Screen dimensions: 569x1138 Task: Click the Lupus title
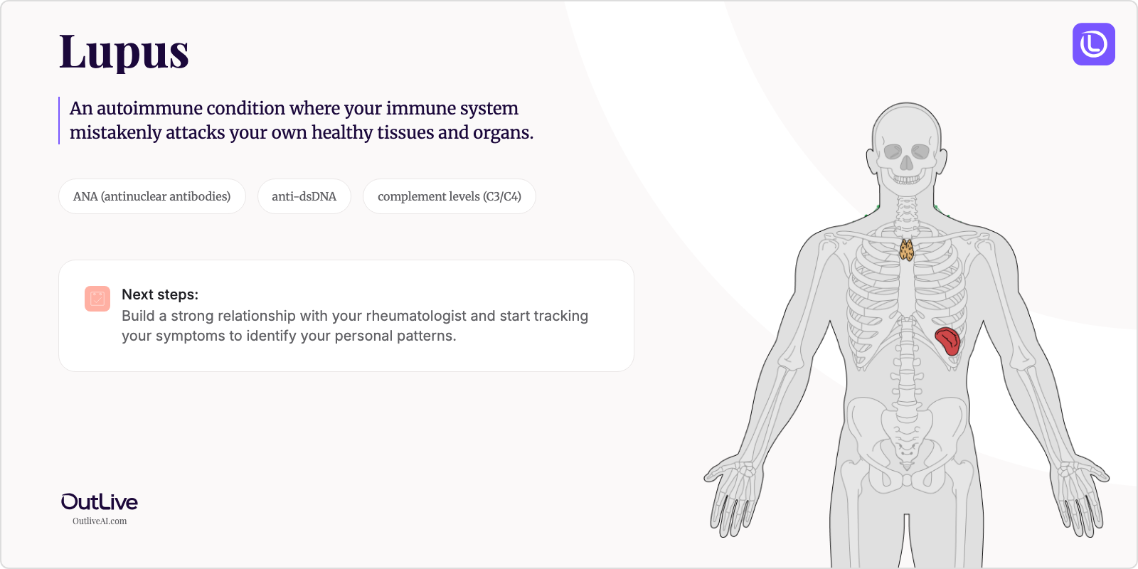[x=124, y=52]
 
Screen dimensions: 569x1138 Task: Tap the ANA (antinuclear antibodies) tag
[x=151, y=196]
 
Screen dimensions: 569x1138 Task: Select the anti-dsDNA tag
[x=304, y=196]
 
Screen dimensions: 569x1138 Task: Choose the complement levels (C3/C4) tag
[x=449, y=196]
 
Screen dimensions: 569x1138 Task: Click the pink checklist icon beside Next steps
[x=97, y=299]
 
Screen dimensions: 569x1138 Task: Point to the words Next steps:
[x=160, y=294]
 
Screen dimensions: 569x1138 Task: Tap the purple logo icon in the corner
[x=1093, y=44]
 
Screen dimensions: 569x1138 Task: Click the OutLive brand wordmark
[x=100, y=502]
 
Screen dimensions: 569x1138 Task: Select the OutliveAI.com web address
[x=100, y=521]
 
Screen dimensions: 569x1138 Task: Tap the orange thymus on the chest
[x=906, y=250]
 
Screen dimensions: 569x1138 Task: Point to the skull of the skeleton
[x=906, y=139]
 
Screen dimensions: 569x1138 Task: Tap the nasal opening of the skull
[x=906, y=164]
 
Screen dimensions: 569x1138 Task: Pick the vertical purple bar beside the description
[x=59, y=120]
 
